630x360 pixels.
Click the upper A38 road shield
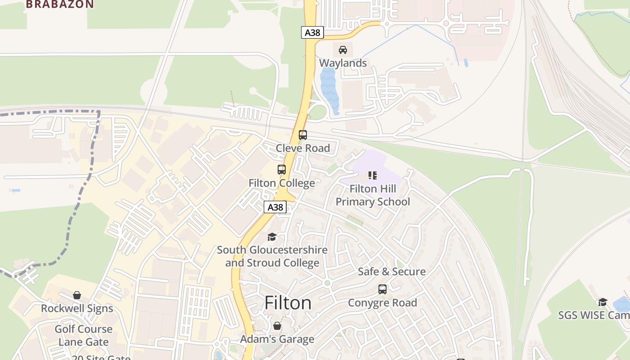click(x=312, y=32)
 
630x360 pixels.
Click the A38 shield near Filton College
click(x=275, y=207)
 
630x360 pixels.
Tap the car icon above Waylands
click(x=343, y=50)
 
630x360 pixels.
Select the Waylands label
click(x=343, y=63)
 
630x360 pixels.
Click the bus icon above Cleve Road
click(x=303, y=135)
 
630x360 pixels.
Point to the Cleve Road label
click(x=303, y=148)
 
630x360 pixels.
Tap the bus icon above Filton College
click(x=282, y=170)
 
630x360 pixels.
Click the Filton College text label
click(x=282, y=183)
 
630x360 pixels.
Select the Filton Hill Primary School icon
click(x=372, y=175)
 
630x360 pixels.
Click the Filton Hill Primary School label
click(x=373, y=195)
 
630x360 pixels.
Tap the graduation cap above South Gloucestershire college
click(x=272, y=237)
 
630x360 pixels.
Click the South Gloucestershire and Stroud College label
click(x=272, y=256)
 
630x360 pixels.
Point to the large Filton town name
click(x=288, y=303)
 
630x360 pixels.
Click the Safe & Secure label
click(x=391, y=271)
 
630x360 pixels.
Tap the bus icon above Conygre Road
click(x=382, y=289)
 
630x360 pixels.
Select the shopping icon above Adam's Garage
click(x=277, y=325)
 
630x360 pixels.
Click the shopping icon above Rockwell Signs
click(x=77, y=295)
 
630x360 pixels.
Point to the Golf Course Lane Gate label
click(x=83, y=335)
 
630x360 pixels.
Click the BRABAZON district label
click(x=60, y=4)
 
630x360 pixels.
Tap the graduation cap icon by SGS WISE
click(x=602, y=301)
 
